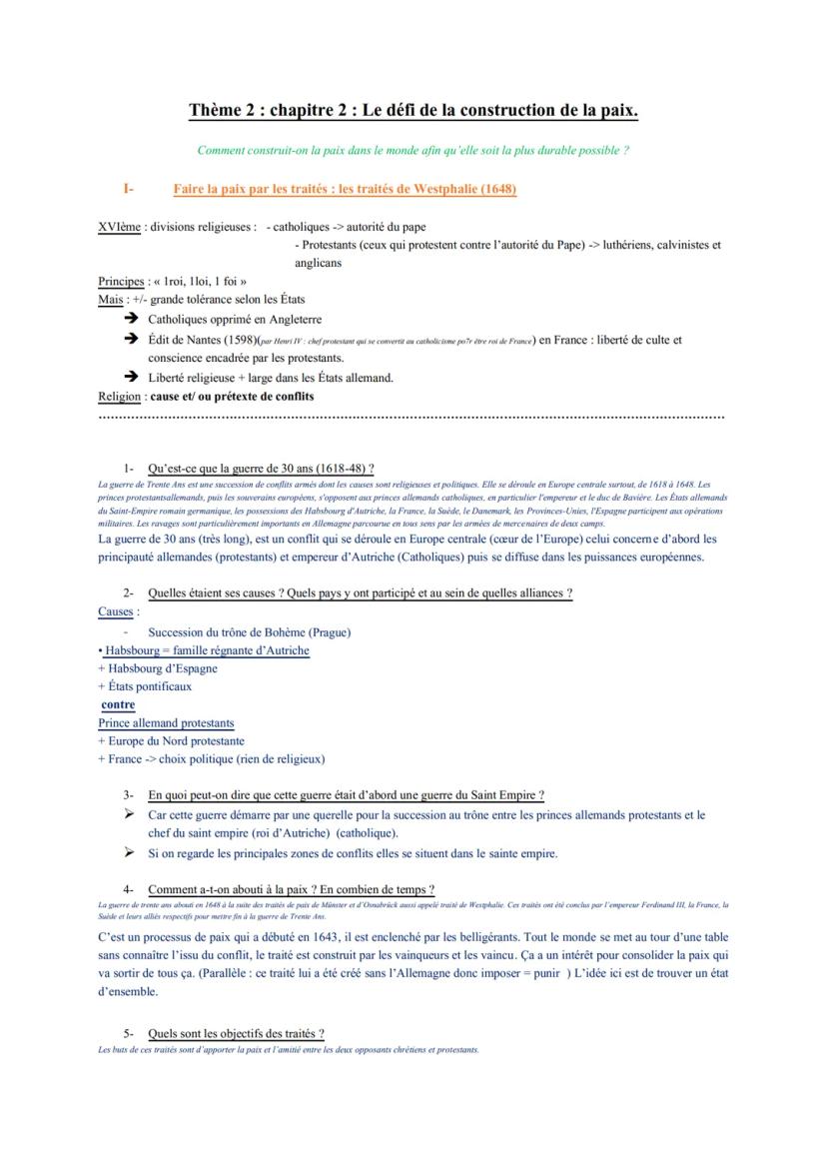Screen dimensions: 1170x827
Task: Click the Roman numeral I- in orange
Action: (x=129, y=189)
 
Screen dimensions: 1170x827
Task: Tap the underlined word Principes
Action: (x=121, y=282)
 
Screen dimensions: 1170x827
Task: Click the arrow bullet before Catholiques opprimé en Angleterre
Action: (x=131, y=320)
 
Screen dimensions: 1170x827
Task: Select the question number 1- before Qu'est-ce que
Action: (x=129, y=468)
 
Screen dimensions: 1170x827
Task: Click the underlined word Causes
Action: (x=117, y=611)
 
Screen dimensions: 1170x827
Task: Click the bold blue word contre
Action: (x=118, y=704)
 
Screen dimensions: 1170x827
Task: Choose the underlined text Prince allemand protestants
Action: (x=166, y=722)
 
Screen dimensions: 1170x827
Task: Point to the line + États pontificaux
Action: (x=145, y=686)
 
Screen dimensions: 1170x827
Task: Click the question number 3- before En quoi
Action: (x=129, y=795)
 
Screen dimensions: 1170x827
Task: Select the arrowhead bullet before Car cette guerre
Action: (x=129, y=815)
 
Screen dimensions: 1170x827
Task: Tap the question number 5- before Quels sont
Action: (x=129, y=1033)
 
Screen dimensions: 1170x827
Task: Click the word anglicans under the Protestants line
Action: (x=319, y=264)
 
